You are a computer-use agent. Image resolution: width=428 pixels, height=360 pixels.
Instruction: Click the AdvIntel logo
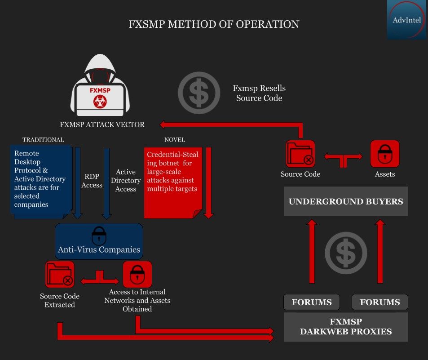tap(407, 20)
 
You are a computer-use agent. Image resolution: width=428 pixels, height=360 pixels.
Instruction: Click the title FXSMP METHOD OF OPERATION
tap(214, 24)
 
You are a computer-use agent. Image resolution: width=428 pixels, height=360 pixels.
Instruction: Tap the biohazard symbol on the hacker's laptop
tap(100, 102)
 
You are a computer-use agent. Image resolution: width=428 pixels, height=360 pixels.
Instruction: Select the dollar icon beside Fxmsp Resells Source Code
tap(199, 93)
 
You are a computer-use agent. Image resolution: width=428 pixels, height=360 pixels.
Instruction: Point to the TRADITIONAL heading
tap(43, 140)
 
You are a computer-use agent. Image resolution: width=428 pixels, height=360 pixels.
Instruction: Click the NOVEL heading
tap(175, 140)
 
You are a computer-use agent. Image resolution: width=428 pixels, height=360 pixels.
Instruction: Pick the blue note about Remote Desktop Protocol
tap(41, 182)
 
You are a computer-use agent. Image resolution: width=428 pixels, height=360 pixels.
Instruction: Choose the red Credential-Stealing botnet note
tap(173, 182)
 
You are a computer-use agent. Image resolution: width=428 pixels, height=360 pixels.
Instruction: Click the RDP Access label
tap(92, 181)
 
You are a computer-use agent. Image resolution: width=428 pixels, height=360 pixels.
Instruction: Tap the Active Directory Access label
tap(126, 180)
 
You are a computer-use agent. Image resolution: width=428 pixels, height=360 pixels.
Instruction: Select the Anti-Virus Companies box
tap(99, 241)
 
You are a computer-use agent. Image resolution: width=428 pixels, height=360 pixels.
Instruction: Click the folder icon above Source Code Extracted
tap(59, 274)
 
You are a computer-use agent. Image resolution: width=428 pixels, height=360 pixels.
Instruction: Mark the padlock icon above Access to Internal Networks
tap(137, 274)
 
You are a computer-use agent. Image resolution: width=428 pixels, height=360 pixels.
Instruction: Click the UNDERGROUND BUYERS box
tap(346, 201)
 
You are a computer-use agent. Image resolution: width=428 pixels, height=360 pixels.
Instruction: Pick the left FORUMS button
tap(312, 302)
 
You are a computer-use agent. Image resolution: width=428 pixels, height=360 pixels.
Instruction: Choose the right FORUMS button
tap(380, 302)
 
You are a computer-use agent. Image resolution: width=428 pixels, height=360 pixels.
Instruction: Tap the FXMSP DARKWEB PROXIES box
tap(346, 327)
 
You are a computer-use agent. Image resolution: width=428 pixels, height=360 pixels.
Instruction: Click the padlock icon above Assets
tap(385, 154)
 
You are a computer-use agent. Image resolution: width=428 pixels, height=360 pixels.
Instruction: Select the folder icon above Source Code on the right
tap(300, 154)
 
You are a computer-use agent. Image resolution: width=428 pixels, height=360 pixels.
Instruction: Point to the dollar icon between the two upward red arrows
tap(346, 253)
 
